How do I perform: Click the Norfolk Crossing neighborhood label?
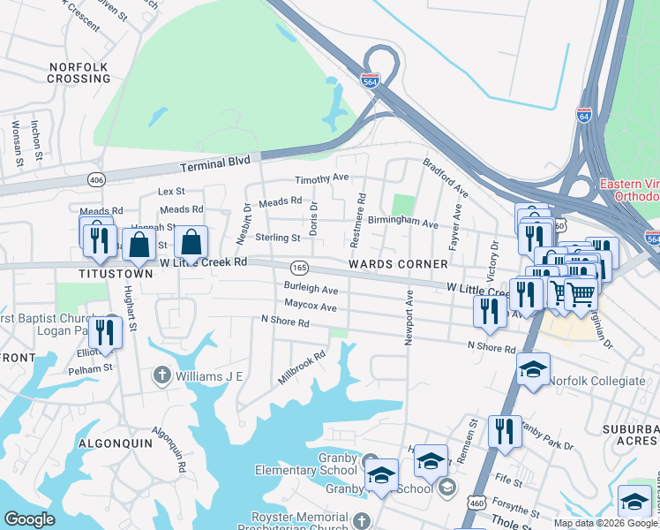pos(79,72)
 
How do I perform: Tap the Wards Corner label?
pos(398,264)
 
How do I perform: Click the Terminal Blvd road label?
pos(215,163)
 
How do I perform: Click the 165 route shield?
pos(299,268)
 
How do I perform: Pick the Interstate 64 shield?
pos(584,114)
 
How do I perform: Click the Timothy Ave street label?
pos(321,178)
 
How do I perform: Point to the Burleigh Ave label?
pos(311,289)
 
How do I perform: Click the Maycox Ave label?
pos(311,307)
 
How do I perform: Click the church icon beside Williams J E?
pos(161,375)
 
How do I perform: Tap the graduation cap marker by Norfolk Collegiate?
pos(533,369)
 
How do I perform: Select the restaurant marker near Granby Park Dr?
pos(505,431)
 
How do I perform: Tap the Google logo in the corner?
pos(29,519)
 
